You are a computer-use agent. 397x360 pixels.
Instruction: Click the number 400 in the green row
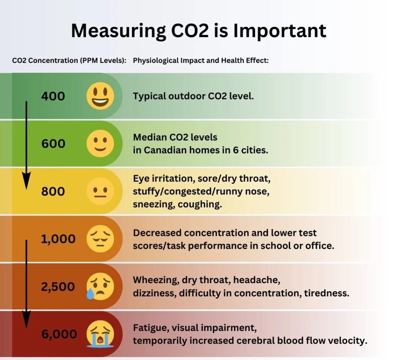[x=53, y=96]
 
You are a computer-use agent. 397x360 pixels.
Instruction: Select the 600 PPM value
[x=53, y=144]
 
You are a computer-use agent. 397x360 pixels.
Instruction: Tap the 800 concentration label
[x=53, y=191]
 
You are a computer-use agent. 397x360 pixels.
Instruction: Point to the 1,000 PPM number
[x=58, y=239]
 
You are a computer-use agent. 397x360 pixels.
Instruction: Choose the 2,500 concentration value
[x=58, y=287]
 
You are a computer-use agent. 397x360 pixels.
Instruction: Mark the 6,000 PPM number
[x=59, y=334]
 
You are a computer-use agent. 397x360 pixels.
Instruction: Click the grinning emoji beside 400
[x=100, y=96]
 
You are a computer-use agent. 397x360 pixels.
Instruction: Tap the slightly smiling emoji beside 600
[x=100, y=144]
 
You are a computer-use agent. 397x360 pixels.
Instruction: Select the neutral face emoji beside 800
[x=100, y=191]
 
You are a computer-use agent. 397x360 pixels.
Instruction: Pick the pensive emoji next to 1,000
[x=100, y=239]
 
